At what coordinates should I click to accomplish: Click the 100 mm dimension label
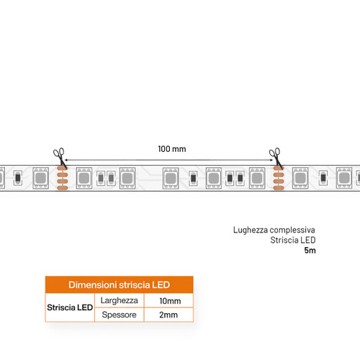click(172, 149)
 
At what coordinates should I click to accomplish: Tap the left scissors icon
click(60, 158)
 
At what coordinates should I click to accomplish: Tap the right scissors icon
click(276, 158)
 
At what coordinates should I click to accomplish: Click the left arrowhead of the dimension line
click(66, 160)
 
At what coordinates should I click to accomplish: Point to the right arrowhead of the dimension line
click(271, 160)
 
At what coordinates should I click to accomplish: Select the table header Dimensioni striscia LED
click(120, 285)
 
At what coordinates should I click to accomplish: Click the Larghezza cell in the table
click(120, 300)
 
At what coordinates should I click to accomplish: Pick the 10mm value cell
click(170, 301)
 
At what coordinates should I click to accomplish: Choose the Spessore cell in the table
click(120, 315)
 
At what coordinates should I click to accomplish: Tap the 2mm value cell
click(168, 315)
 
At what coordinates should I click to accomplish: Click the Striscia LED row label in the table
click(70, 307)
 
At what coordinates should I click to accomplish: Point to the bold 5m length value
click(310, 251)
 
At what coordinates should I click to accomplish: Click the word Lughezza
click(251, 230)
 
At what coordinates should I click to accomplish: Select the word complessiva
click(292, 230)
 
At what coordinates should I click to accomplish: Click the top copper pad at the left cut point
click(63, 168)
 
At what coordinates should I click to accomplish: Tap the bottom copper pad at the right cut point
click(279, 187)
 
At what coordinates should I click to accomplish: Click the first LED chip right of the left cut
click(84, 178)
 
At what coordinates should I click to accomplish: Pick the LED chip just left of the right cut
click(257, 178)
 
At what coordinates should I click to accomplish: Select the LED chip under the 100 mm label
click(171, 178)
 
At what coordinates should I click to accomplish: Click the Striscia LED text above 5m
click(293, 240)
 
